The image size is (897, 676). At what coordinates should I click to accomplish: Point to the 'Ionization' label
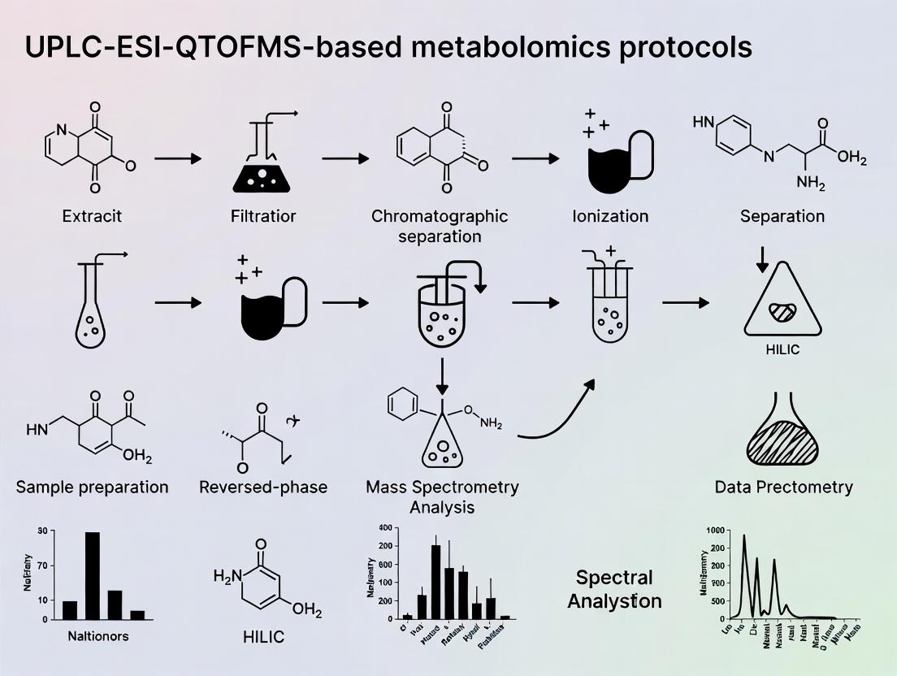pyautogui.click(x=609, y=216)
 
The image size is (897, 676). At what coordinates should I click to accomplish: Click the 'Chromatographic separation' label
pyautogui.click(x=440, y=226)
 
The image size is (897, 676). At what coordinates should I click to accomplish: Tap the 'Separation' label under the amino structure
pyautogui.click(x=782, y=216)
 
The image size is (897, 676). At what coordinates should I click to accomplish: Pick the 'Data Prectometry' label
pyautogui.click(x=783, y=487)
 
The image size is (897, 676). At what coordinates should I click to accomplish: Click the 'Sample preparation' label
pyautogui.click(x=93, y=487)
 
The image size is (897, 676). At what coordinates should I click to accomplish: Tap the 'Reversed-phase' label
pyautogui.click(x=263, y=487)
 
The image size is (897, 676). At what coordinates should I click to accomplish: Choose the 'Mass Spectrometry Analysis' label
pyautogui.click(x=442, y=496)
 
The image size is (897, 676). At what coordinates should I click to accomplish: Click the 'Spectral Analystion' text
pyautogui.click(x=614, y=589)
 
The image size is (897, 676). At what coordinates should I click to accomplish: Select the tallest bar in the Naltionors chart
pyautogui.click(x=93, y=575)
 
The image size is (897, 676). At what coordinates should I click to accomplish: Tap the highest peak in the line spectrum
pyautogui.click(x=743, y=536)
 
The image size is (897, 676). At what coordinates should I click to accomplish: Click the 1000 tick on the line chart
pyautogui.click(x=714, y=531)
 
